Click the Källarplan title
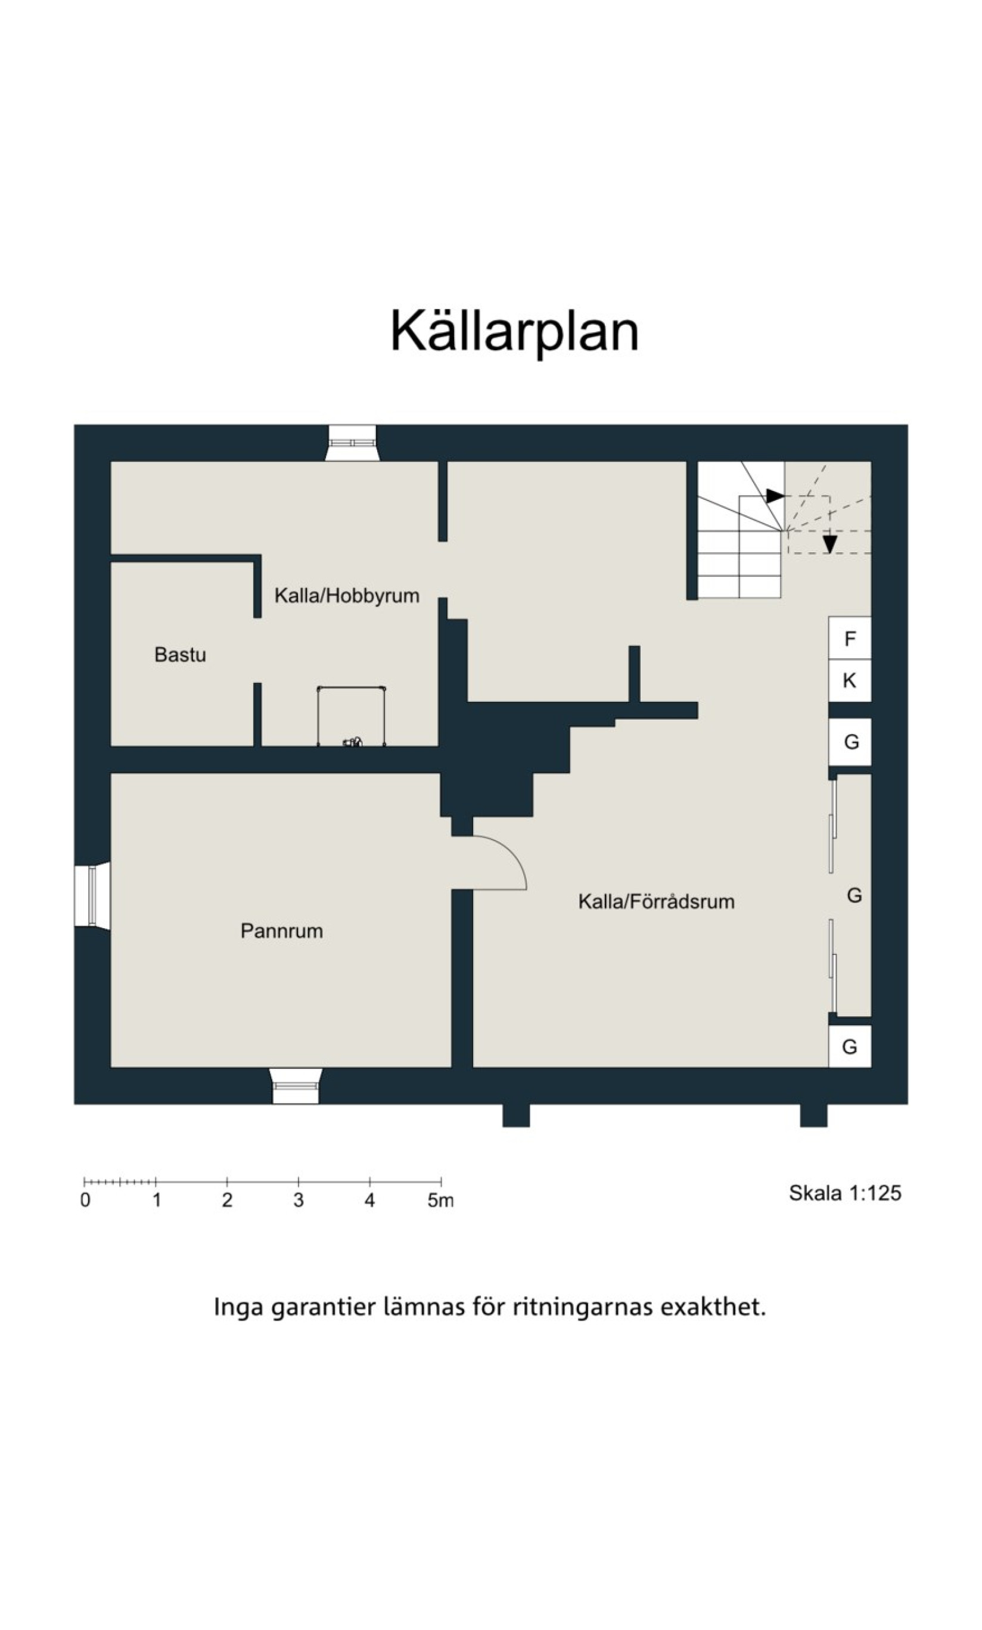click(514, 331)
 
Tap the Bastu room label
click(180, 655)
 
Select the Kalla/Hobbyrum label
click(347, 596)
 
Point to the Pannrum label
click(281, 931)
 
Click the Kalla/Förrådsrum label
click(657, 901)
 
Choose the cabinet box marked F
click(850, 639)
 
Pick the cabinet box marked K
click(850, 681)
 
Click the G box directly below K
click(850, 742)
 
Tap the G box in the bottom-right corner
click(850, 1047)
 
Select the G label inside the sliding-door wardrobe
click(854, 895)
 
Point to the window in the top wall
click(352, 443)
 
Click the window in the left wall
click(92, 897)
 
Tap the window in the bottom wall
click(296, 1085)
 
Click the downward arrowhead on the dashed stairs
click(830, 545)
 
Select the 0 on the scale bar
click(85, 1200)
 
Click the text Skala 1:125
click(845, 1193)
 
